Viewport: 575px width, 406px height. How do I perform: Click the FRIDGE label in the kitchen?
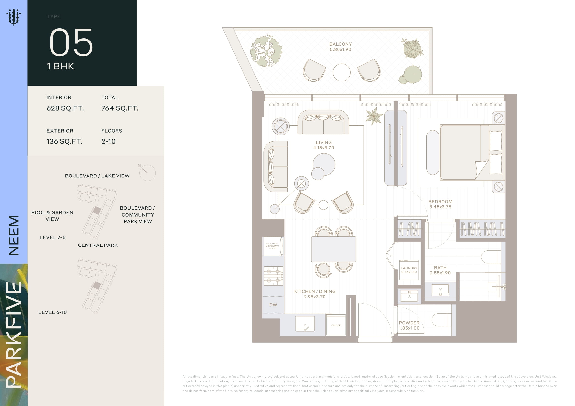pos(336,325)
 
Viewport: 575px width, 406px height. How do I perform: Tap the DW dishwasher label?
pos(273,305)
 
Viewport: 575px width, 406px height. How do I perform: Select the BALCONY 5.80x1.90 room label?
pos(340,47)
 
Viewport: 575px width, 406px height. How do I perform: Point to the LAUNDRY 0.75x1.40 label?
pos(409,270)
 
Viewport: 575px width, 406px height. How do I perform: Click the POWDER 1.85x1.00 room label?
pos(409,325)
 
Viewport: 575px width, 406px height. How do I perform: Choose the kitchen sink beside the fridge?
pos(305,324)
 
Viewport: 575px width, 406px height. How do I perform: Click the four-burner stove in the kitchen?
pos(273,276)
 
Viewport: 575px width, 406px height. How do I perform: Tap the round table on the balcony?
pos(341,72)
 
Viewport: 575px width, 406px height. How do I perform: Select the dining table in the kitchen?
pos(334,249)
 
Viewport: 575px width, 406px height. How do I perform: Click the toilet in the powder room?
pos(442,320)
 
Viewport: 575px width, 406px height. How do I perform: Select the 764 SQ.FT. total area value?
pos(120,108)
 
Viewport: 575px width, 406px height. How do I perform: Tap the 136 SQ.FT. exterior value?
pos(64,141)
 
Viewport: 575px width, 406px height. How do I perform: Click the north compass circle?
pos(147,173)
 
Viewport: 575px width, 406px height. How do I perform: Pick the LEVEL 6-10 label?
pos(53,312)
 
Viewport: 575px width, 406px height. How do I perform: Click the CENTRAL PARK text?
pos(98,245)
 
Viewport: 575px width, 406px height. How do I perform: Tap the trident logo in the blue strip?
pos(14,17)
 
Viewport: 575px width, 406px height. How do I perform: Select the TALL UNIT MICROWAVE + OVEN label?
pos(272,246)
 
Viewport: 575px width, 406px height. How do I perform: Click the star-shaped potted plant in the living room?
pos(374,116)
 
